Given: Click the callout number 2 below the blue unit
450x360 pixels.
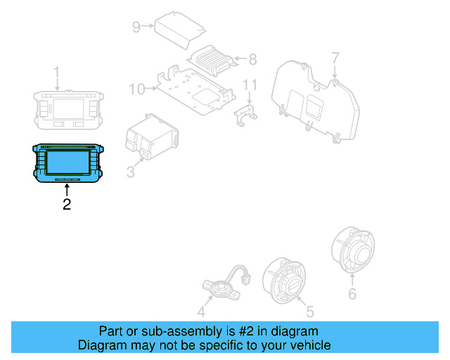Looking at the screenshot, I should click(67, 205).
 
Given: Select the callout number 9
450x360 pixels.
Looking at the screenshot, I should click(136, 27).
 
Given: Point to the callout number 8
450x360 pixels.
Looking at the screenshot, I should click(252, 59).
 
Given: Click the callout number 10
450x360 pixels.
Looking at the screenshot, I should click(136, 89).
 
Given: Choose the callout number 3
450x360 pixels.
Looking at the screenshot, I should click(130, 171).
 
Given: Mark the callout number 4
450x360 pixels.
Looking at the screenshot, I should click(201, 311).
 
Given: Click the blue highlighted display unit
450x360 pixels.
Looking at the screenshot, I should click(67, 163).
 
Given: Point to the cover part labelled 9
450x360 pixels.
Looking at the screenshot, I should click(179, 29).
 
